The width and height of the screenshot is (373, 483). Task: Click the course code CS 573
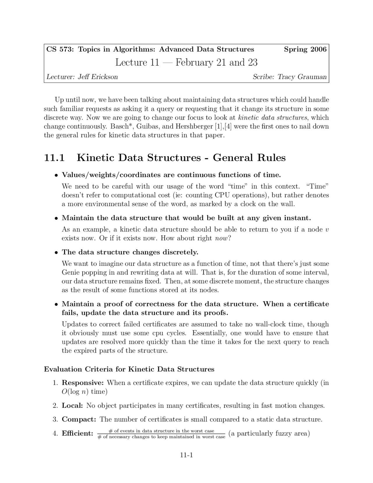coord(60,49)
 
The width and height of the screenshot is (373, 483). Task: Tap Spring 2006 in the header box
coord(305,49)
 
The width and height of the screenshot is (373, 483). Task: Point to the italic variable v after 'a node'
coord(327,230)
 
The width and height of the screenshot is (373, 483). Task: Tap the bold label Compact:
coord(79,420)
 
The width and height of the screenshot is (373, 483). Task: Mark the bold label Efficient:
coord(78,434)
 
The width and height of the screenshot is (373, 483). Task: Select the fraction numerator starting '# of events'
coord(161,431)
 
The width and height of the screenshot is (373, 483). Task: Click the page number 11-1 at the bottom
coord(186,455)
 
